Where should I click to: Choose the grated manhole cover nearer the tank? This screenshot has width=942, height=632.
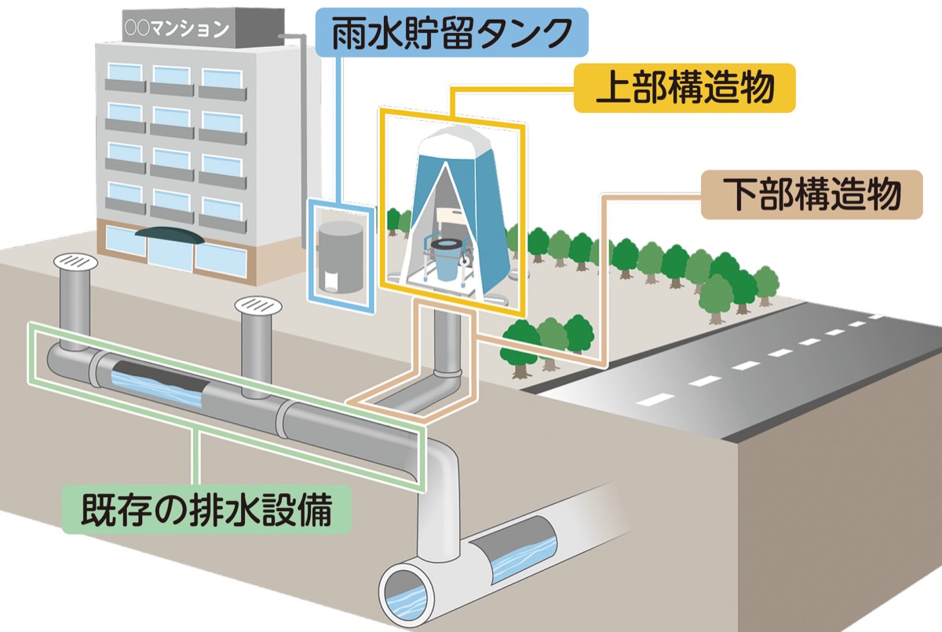[257, 303]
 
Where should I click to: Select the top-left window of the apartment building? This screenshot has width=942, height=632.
[124, 77]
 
